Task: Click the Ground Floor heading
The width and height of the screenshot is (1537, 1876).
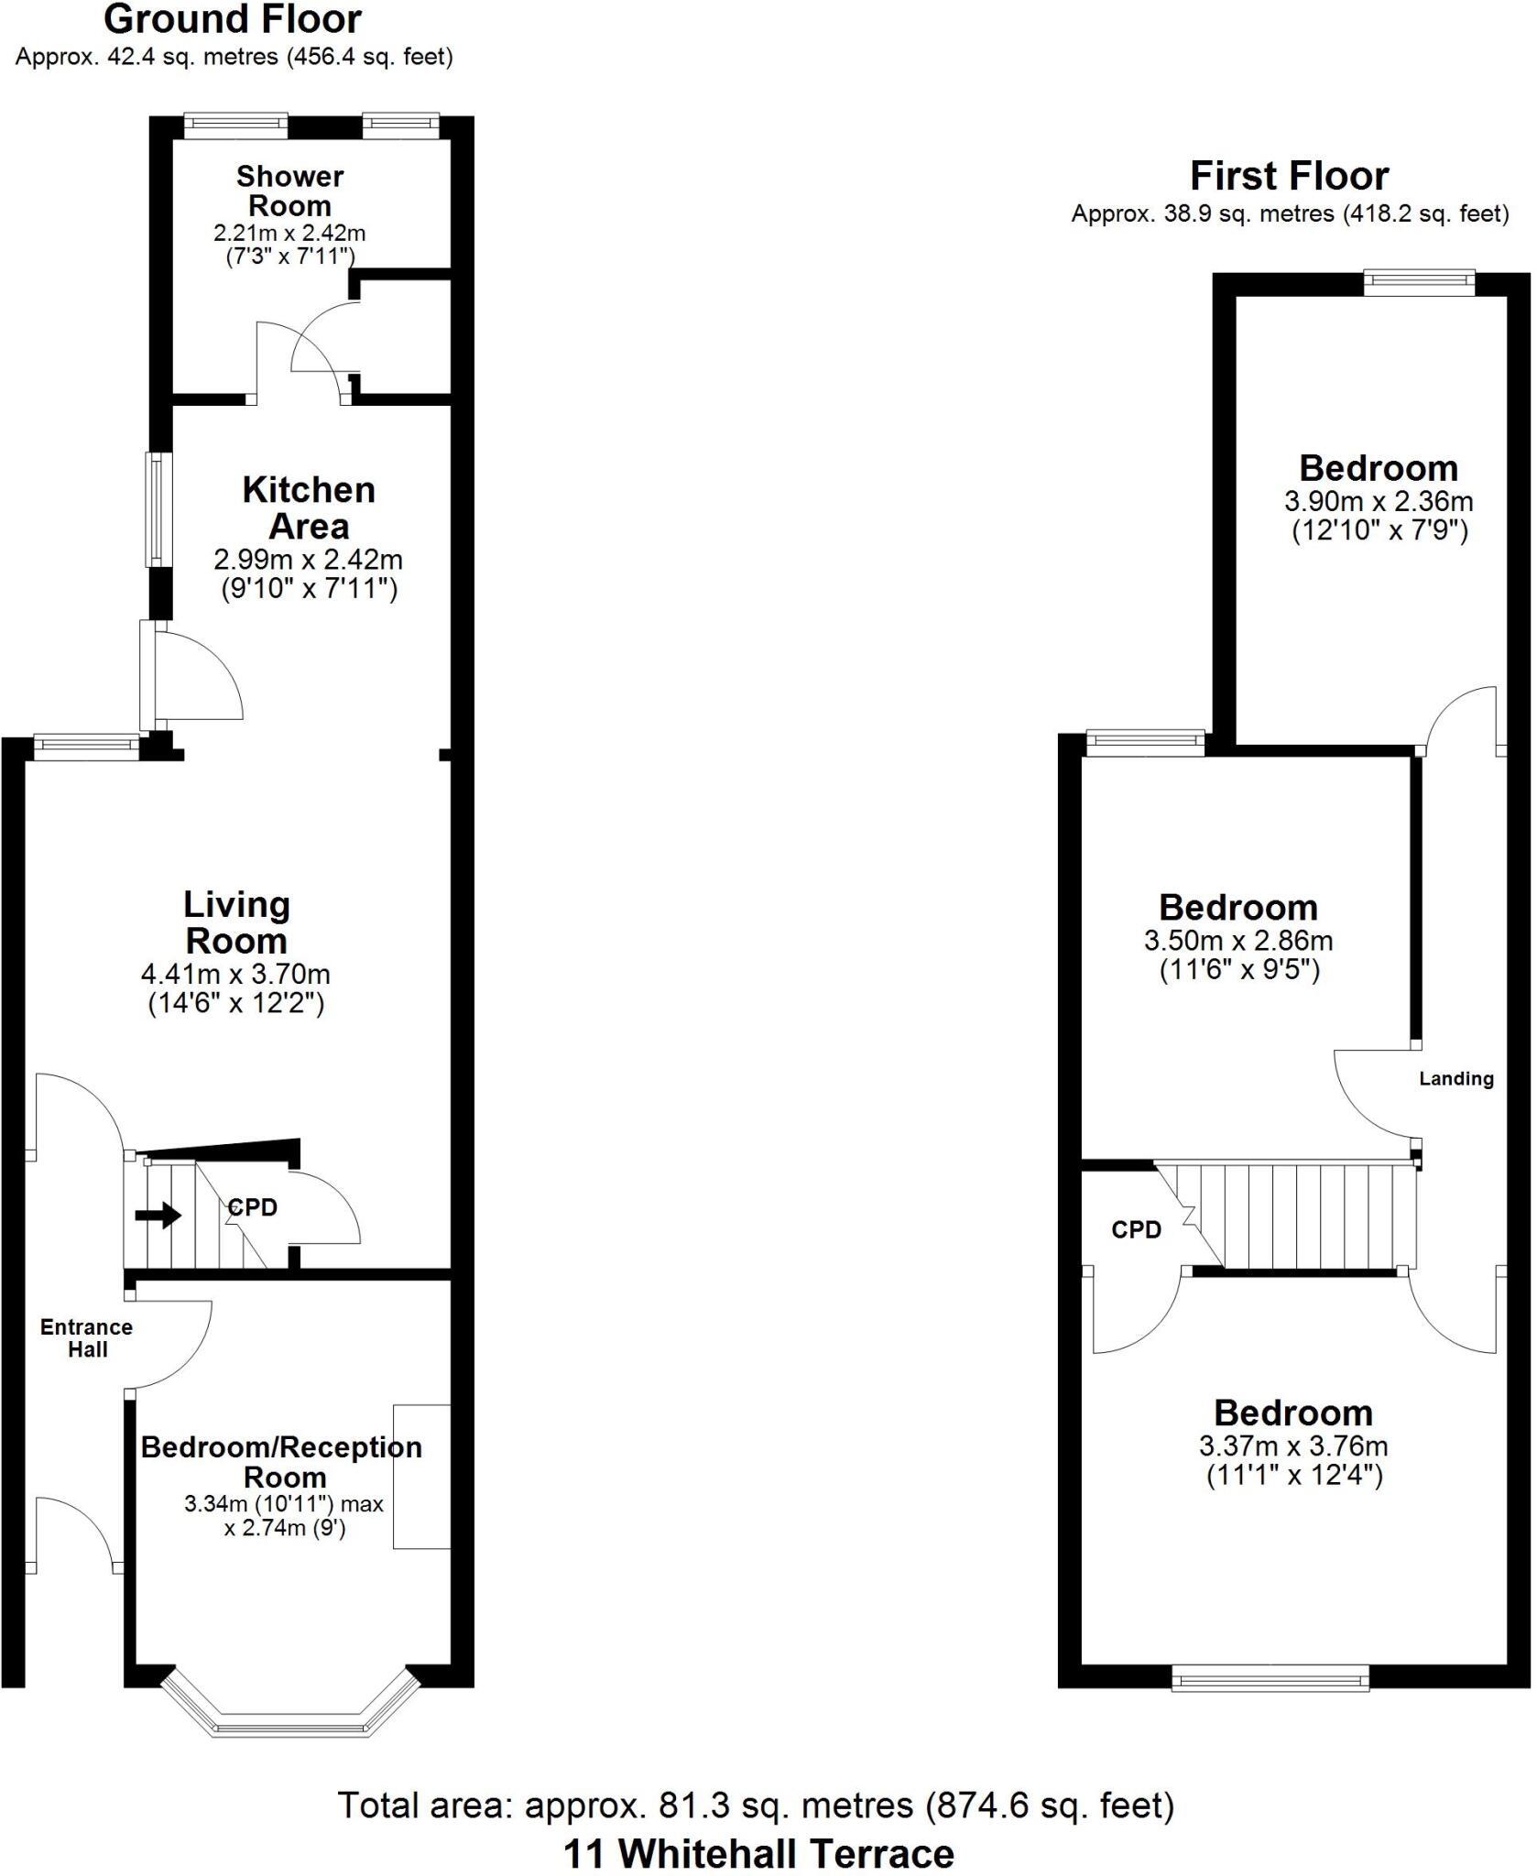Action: (x=233, y=19)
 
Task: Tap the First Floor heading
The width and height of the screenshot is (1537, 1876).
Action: (x=1289, y=175)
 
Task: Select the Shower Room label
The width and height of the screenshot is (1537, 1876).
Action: (x=289, y=191)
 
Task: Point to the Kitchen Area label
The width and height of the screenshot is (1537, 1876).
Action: (x=309, y=507)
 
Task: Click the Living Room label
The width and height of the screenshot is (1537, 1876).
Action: (x=236, y=922)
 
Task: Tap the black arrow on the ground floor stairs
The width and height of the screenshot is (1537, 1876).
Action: (x=158, y=1216)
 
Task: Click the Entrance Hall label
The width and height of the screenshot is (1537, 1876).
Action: (x=87, y=1337)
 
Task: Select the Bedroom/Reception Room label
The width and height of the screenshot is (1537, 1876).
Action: (x=282, y=1462)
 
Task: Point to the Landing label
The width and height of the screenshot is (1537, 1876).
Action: (x=1455, y=1079)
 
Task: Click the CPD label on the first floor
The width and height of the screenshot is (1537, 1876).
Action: (x=1136, y=1229)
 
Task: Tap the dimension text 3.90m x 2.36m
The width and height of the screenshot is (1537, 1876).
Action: (x=1379, y=501)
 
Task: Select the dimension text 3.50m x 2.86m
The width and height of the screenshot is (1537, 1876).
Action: (x=1238, y=941)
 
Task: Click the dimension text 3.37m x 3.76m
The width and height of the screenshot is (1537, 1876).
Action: (x=1293, y=1446)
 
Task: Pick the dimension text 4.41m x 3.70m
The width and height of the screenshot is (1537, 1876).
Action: (x=236, y=974)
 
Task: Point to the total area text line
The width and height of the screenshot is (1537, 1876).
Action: (x=757, y=1805)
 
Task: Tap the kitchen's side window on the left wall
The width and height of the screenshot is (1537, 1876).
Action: (x=160, y=509)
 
